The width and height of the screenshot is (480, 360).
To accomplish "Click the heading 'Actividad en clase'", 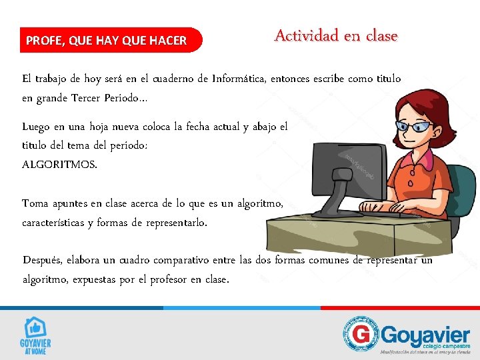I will pyautogui.click(x=335, y=35).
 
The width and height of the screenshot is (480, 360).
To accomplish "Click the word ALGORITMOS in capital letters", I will pyautogui.click(x=59, y=164).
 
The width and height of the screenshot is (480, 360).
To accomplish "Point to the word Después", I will pyautogui.click(x=45, y=260).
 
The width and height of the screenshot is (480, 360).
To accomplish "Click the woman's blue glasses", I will pyautogui.click(x=413, y=125).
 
